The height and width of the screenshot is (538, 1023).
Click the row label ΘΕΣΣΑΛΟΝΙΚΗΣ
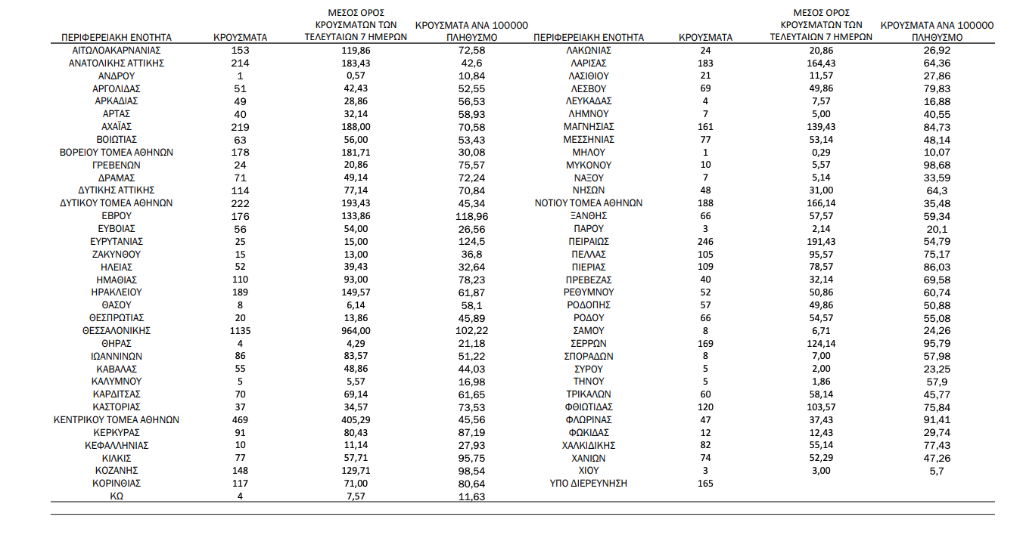[x=117, y=330]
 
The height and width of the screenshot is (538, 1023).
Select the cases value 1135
[x=239, y=330]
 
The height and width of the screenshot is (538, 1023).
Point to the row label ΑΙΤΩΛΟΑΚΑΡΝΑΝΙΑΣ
[x=117, y=50]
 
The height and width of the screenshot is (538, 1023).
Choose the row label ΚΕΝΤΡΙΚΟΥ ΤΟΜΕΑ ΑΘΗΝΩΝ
[x=117, y=419]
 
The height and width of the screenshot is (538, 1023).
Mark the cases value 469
[x=239, y=419]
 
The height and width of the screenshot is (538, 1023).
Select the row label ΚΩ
[x=117, y=496]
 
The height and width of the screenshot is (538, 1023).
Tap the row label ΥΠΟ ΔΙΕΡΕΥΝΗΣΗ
[x=589, y=483]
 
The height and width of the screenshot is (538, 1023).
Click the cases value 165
[x=705, y=483]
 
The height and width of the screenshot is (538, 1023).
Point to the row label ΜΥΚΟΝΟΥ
[x=589, y=165]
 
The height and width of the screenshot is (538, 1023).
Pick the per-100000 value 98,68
[x=937, y=165]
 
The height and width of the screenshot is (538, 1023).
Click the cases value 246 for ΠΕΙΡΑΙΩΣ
[x=705, y=241]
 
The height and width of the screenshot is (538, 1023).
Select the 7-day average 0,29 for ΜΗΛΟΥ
[x=821, y=152]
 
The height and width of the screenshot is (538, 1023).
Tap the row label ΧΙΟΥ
[x=589, y=470]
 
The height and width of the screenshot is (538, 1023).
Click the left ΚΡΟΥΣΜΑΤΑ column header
[x=239, y=36]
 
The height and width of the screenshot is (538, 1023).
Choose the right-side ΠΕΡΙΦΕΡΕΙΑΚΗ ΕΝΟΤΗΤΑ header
[x=589, y=36]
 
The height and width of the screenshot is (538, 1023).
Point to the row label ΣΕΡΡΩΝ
[x=589, y=343]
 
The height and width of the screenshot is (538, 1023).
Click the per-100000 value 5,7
[x=937, y=470]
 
